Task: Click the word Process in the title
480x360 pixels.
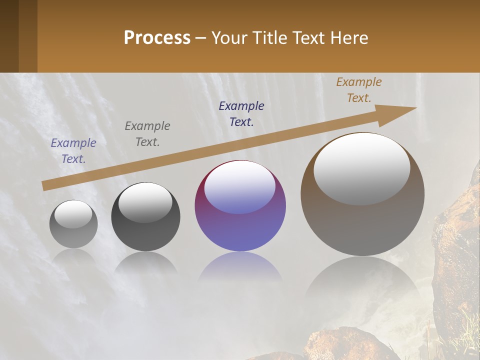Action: pyautogui.click(x=157, y=38)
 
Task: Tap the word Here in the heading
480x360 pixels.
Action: pyautogui.click(x=349, y=38)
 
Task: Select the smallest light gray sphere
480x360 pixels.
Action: pyautogui.click(x=73, y=224)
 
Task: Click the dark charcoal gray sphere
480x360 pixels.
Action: pyautogui.click(x=145, y=230)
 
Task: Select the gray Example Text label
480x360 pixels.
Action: pyautogui.click(x=147, y=134)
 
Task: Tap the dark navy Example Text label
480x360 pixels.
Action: pyautogui.click(x=241, y=114)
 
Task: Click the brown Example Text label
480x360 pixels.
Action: pyautogui.click(x=359, y=90)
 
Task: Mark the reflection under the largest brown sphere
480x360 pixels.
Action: pyautogui.click(x=362, y=280)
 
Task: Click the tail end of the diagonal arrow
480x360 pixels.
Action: pyautogui.click(x=45, y=185)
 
